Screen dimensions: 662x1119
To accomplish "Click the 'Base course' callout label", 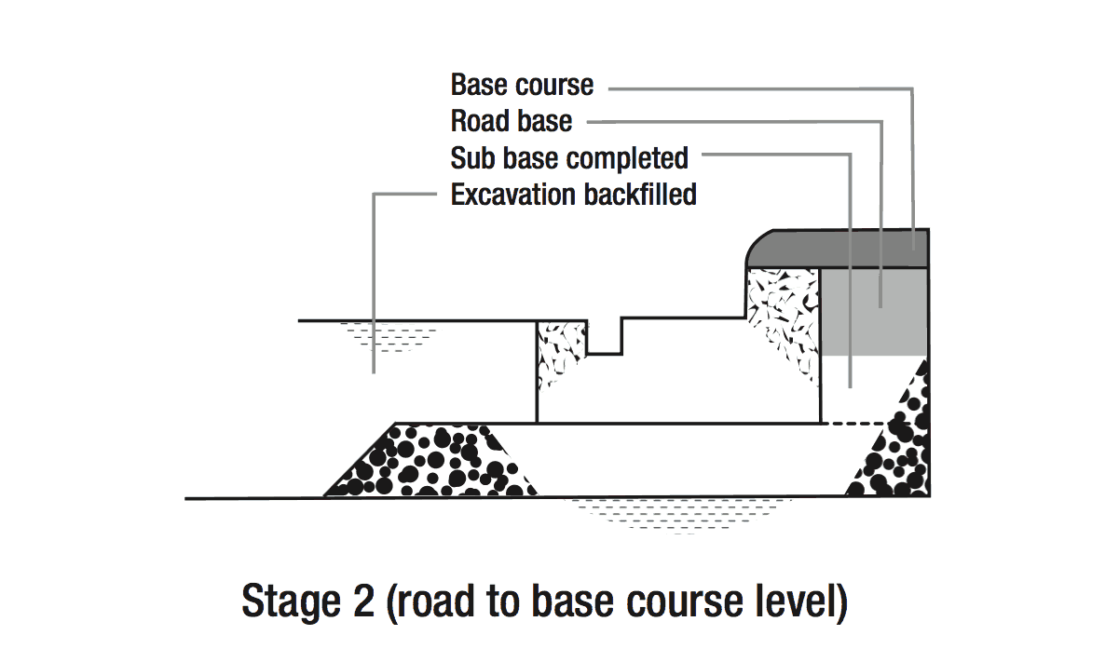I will (x=522, y=85).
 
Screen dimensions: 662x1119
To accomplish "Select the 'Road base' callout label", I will (x=512, y=121).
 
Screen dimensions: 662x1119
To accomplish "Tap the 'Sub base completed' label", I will (x=569, y=158).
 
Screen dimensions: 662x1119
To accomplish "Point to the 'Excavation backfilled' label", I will (x=573, y=196).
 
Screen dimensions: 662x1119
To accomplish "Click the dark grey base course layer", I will (x=839, y=249).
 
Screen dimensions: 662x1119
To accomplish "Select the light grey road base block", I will (x=873, y=311).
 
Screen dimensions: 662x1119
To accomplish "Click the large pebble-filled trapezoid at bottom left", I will (x=429, y=461).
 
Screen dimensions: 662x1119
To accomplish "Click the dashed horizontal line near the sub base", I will (x=852, y=424).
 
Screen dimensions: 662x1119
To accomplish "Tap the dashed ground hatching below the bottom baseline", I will (x=680, y=515).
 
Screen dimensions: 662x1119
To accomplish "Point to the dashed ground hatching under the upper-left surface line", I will (x=383, y=336).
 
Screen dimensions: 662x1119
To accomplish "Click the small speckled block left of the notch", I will (x=560, y=353).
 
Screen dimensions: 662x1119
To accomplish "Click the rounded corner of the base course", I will (x=757, y=241).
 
